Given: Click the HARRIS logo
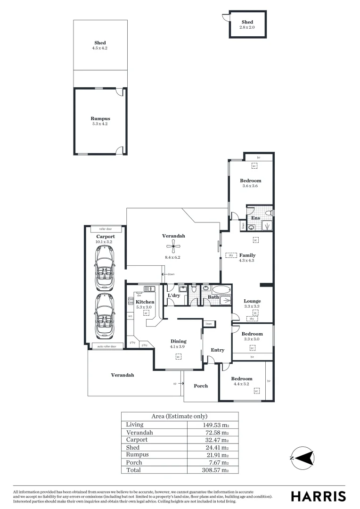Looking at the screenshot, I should point(318,496).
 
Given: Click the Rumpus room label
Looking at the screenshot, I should point(100,119).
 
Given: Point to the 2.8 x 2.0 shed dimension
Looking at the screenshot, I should point(247,28).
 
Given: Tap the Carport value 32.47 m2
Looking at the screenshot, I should point(215,440).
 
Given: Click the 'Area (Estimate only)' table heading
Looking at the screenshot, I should point(180,417).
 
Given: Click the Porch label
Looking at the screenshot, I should point(201,386).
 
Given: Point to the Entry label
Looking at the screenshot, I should point(217,350).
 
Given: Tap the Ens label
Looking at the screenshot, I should point(255,218).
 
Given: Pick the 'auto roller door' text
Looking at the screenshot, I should point(106,346).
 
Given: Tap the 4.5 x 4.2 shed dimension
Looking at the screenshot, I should point(100,48).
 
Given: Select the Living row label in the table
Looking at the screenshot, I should point(134,425).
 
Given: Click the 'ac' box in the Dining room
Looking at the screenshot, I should point(179,357).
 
